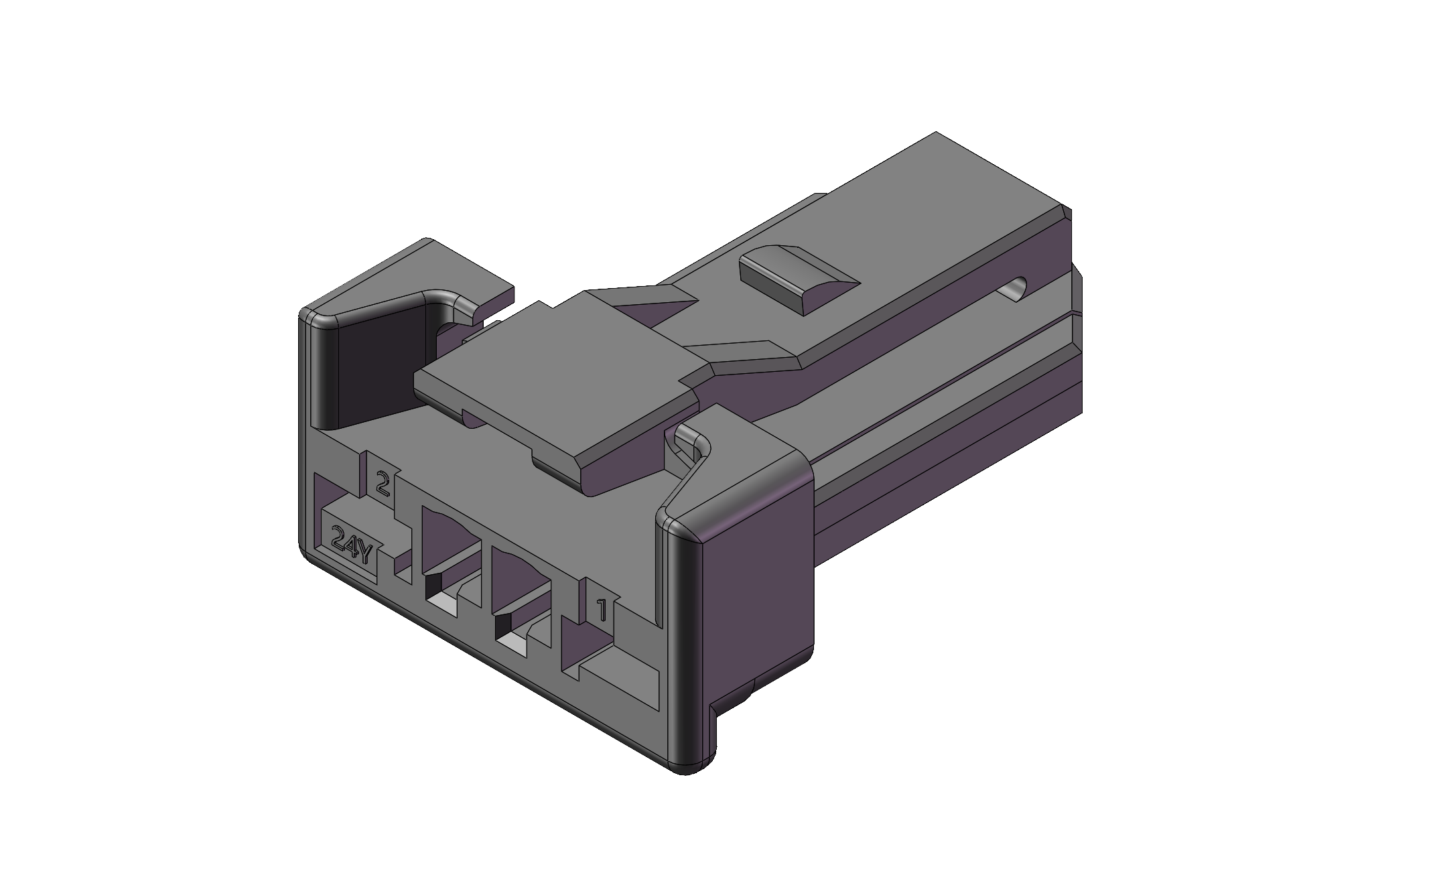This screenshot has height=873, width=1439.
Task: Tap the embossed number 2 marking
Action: (383, 482)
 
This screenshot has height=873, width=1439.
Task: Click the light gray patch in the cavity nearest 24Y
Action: (444, 605)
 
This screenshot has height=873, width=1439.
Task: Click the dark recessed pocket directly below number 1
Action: (576, 647)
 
